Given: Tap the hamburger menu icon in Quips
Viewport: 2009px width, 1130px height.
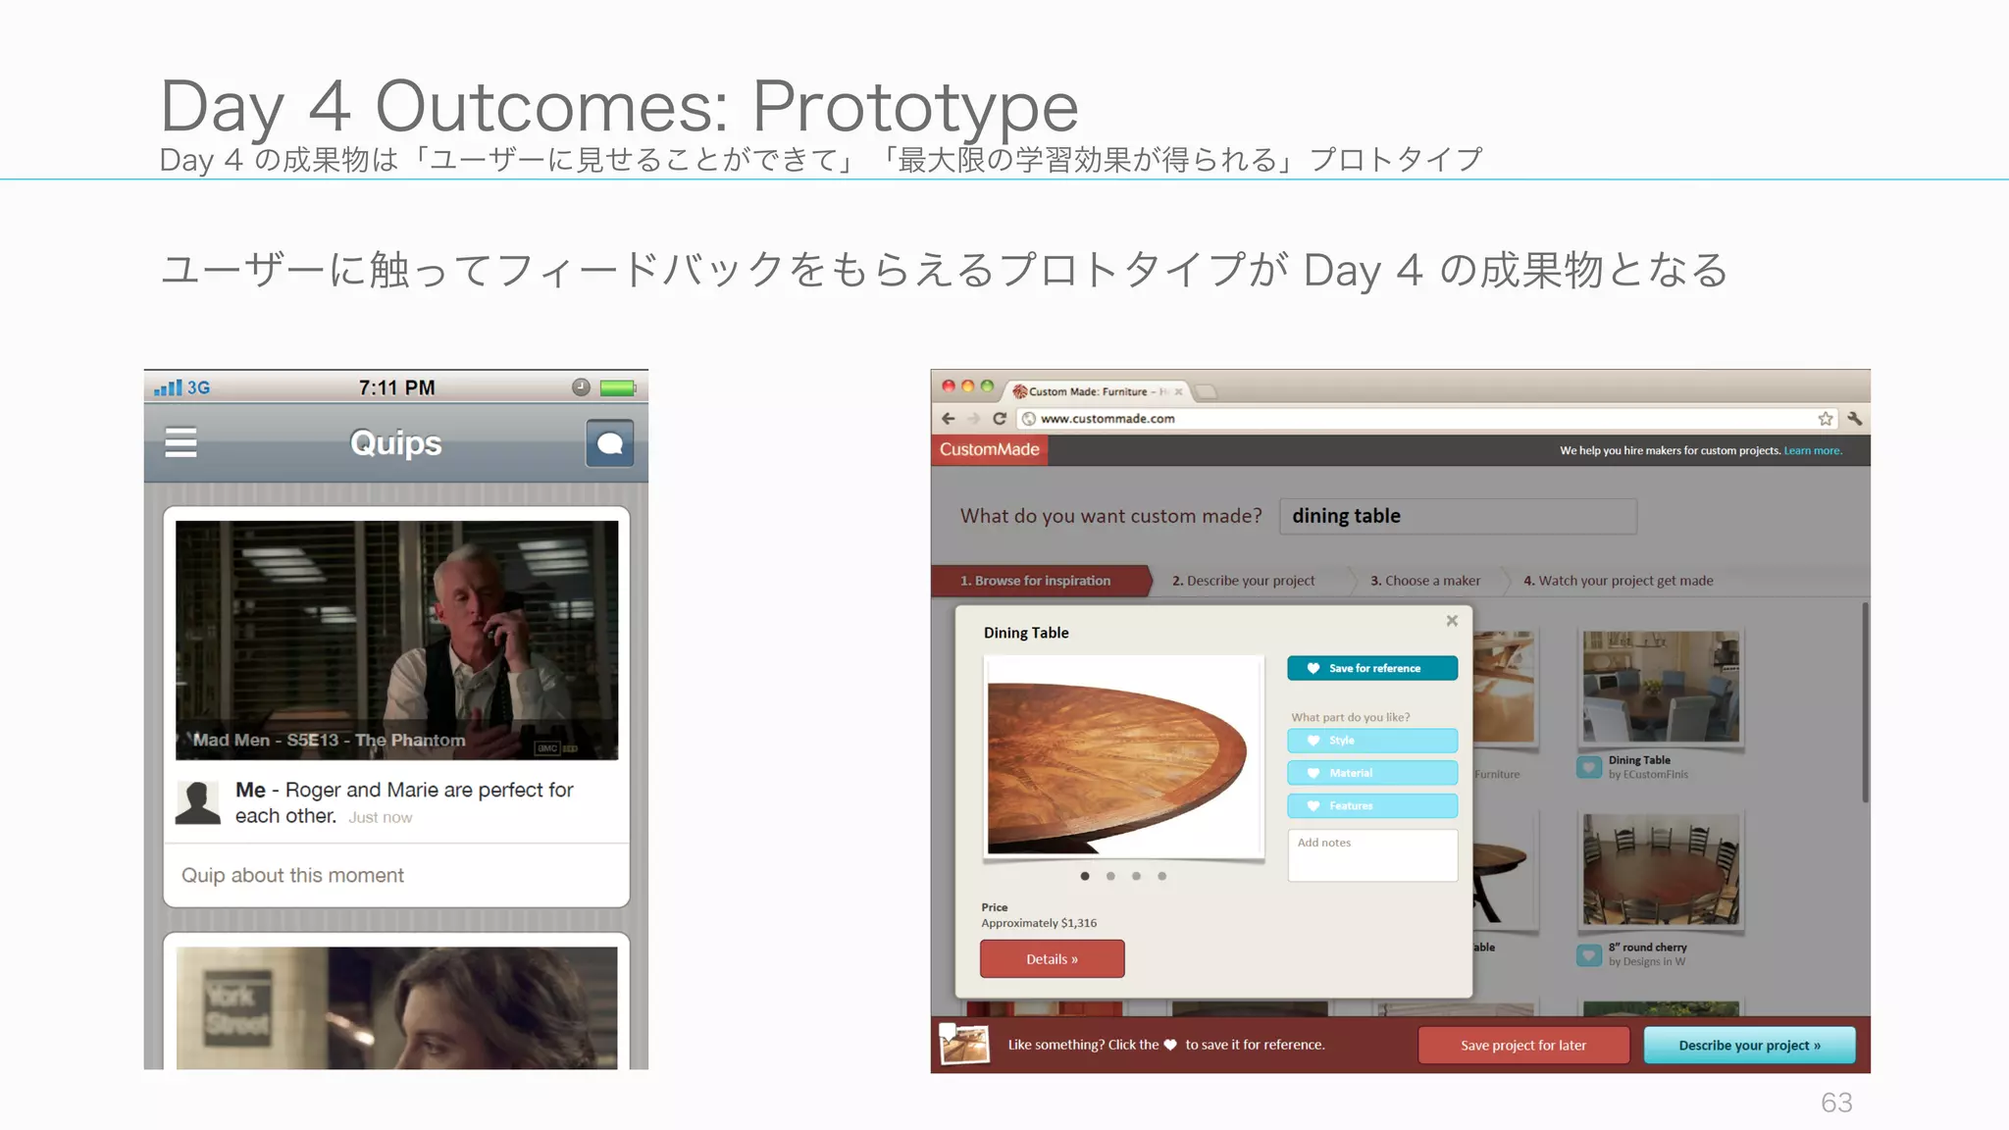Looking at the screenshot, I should [180, 443].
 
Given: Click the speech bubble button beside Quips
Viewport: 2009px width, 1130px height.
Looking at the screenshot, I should [609, 443].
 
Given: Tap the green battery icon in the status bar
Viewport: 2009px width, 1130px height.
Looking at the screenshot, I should [618, 387].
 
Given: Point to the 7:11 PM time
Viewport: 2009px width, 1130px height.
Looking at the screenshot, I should [396, 387].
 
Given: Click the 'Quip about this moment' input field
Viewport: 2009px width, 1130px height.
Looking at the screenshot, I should [396, 875].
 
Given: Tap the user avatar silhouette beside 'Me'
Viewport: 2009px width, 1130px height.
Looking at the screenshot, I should [197, 802].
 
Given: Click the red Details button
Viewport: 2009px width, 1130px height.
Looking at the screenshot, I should [1052, 959].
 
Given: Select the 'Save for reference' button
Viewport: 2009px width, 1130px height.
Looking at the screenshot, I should [1371, 668].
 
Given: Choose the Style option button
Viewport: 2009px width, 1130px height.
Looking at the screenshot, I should [1371, 741].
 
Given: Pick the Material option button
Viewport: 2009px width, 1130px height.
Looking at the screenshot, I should [1371, 773].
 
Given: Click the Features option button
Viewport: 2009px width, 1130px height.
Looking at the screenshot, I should [1371, 805].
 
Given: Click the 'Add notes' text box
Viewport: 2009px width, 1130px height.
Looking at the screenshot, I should [1371, 855].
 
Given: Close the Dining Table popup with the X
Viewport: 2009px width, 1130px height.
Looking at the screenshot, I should [1452, 621].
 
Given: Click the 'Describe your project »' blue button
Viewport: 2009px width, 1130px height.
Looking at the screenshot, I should [1749, 1045].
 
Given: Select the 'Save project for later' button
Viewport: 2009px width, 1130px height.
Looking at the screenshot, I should [1523, 1045].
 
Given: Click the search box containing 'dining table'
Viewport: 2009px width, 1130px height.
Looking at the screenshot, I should [1458, 516].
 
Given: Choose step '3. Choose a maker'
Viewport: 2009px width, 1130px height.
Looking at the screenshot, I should [1425, 581].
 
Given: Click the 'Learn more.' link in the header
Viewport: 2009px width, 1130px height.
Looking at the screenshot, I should [1812, 451].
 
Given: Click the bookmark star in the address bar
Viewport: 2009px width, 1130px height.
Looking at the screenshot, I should [1825, 419].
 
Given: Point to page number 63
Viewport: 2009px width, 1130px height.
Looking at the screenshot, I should [1836, 1103].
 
